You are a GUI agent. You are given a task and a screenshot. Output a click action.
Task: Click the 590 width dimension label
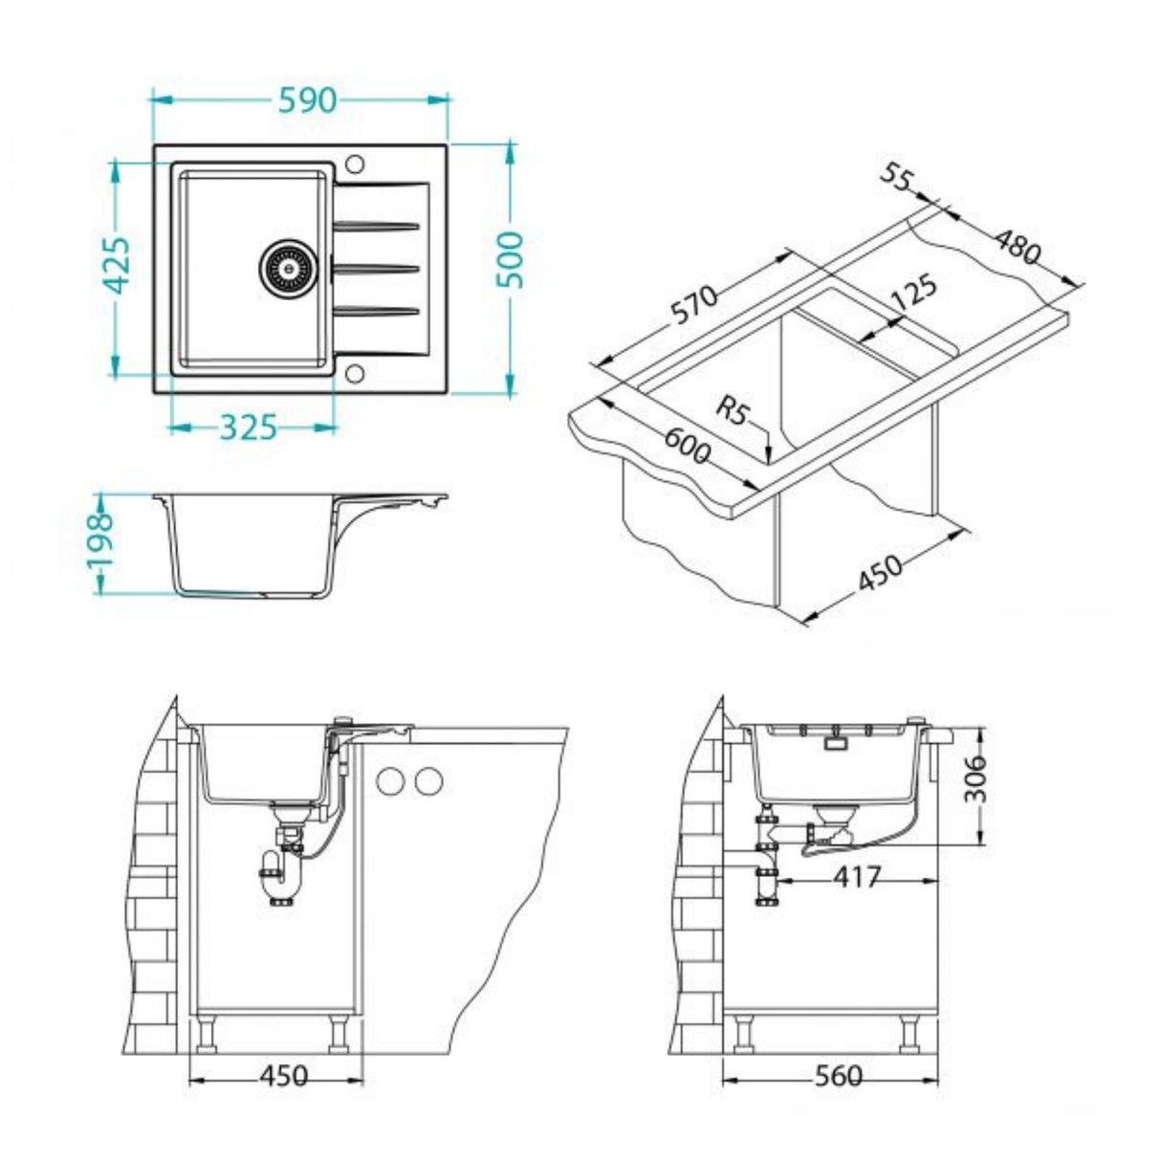307,99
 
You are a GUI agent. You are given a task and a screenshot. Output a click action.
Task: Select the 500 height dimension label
512,259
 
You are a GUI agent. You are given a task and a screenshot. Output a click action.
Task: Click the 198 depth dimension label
99,539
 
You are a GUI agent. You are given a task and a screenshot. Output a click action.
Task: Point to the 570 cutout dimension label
692,306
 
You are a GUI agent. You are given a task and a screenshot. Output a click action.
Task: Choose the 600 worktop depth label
687,445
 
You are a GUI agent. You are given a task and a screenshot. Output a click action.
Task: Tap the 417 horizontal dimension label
856,876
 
